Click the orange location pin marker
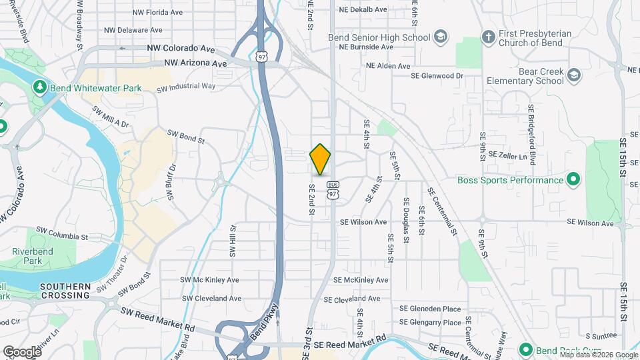[321, 159]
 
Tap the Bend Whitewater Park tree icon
[40, 87]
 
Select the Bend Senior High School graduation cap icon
[440, 37]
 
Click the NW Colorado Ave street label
[182, 49]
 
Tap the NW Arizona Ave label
[195, 63]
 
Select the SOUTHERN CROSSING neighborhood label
[65, 291]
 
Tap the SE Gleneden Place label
[430, 309]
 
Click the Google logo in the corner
[22, 351]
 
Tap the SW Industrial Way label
[186, 87]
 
